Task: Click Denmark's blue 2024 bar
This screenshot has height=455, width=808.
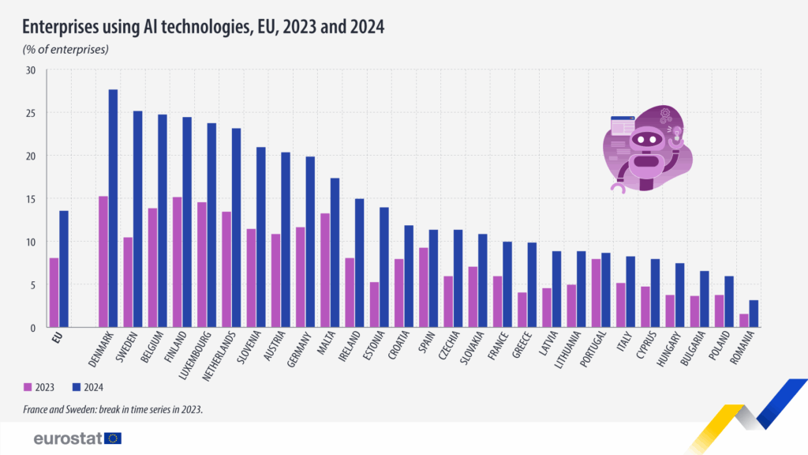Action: [113, 209]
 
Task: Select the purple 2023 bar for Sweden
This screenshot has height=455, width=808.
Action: [128, 282]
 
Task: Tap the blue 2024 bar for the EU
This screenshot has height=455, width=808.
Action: [64, 269]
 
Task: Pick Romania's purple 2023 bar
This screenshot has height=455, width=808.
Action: [743, 321]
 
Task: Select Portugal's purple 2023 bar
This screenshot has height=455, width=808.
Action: [595, 293]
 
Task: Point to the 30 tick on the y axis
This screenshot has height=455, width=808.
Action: [31, 70]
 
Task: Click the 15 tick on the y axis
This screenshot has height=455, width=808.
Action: [31, 199]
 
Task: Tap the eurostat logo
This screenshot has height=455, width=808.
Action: [77, 438]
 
